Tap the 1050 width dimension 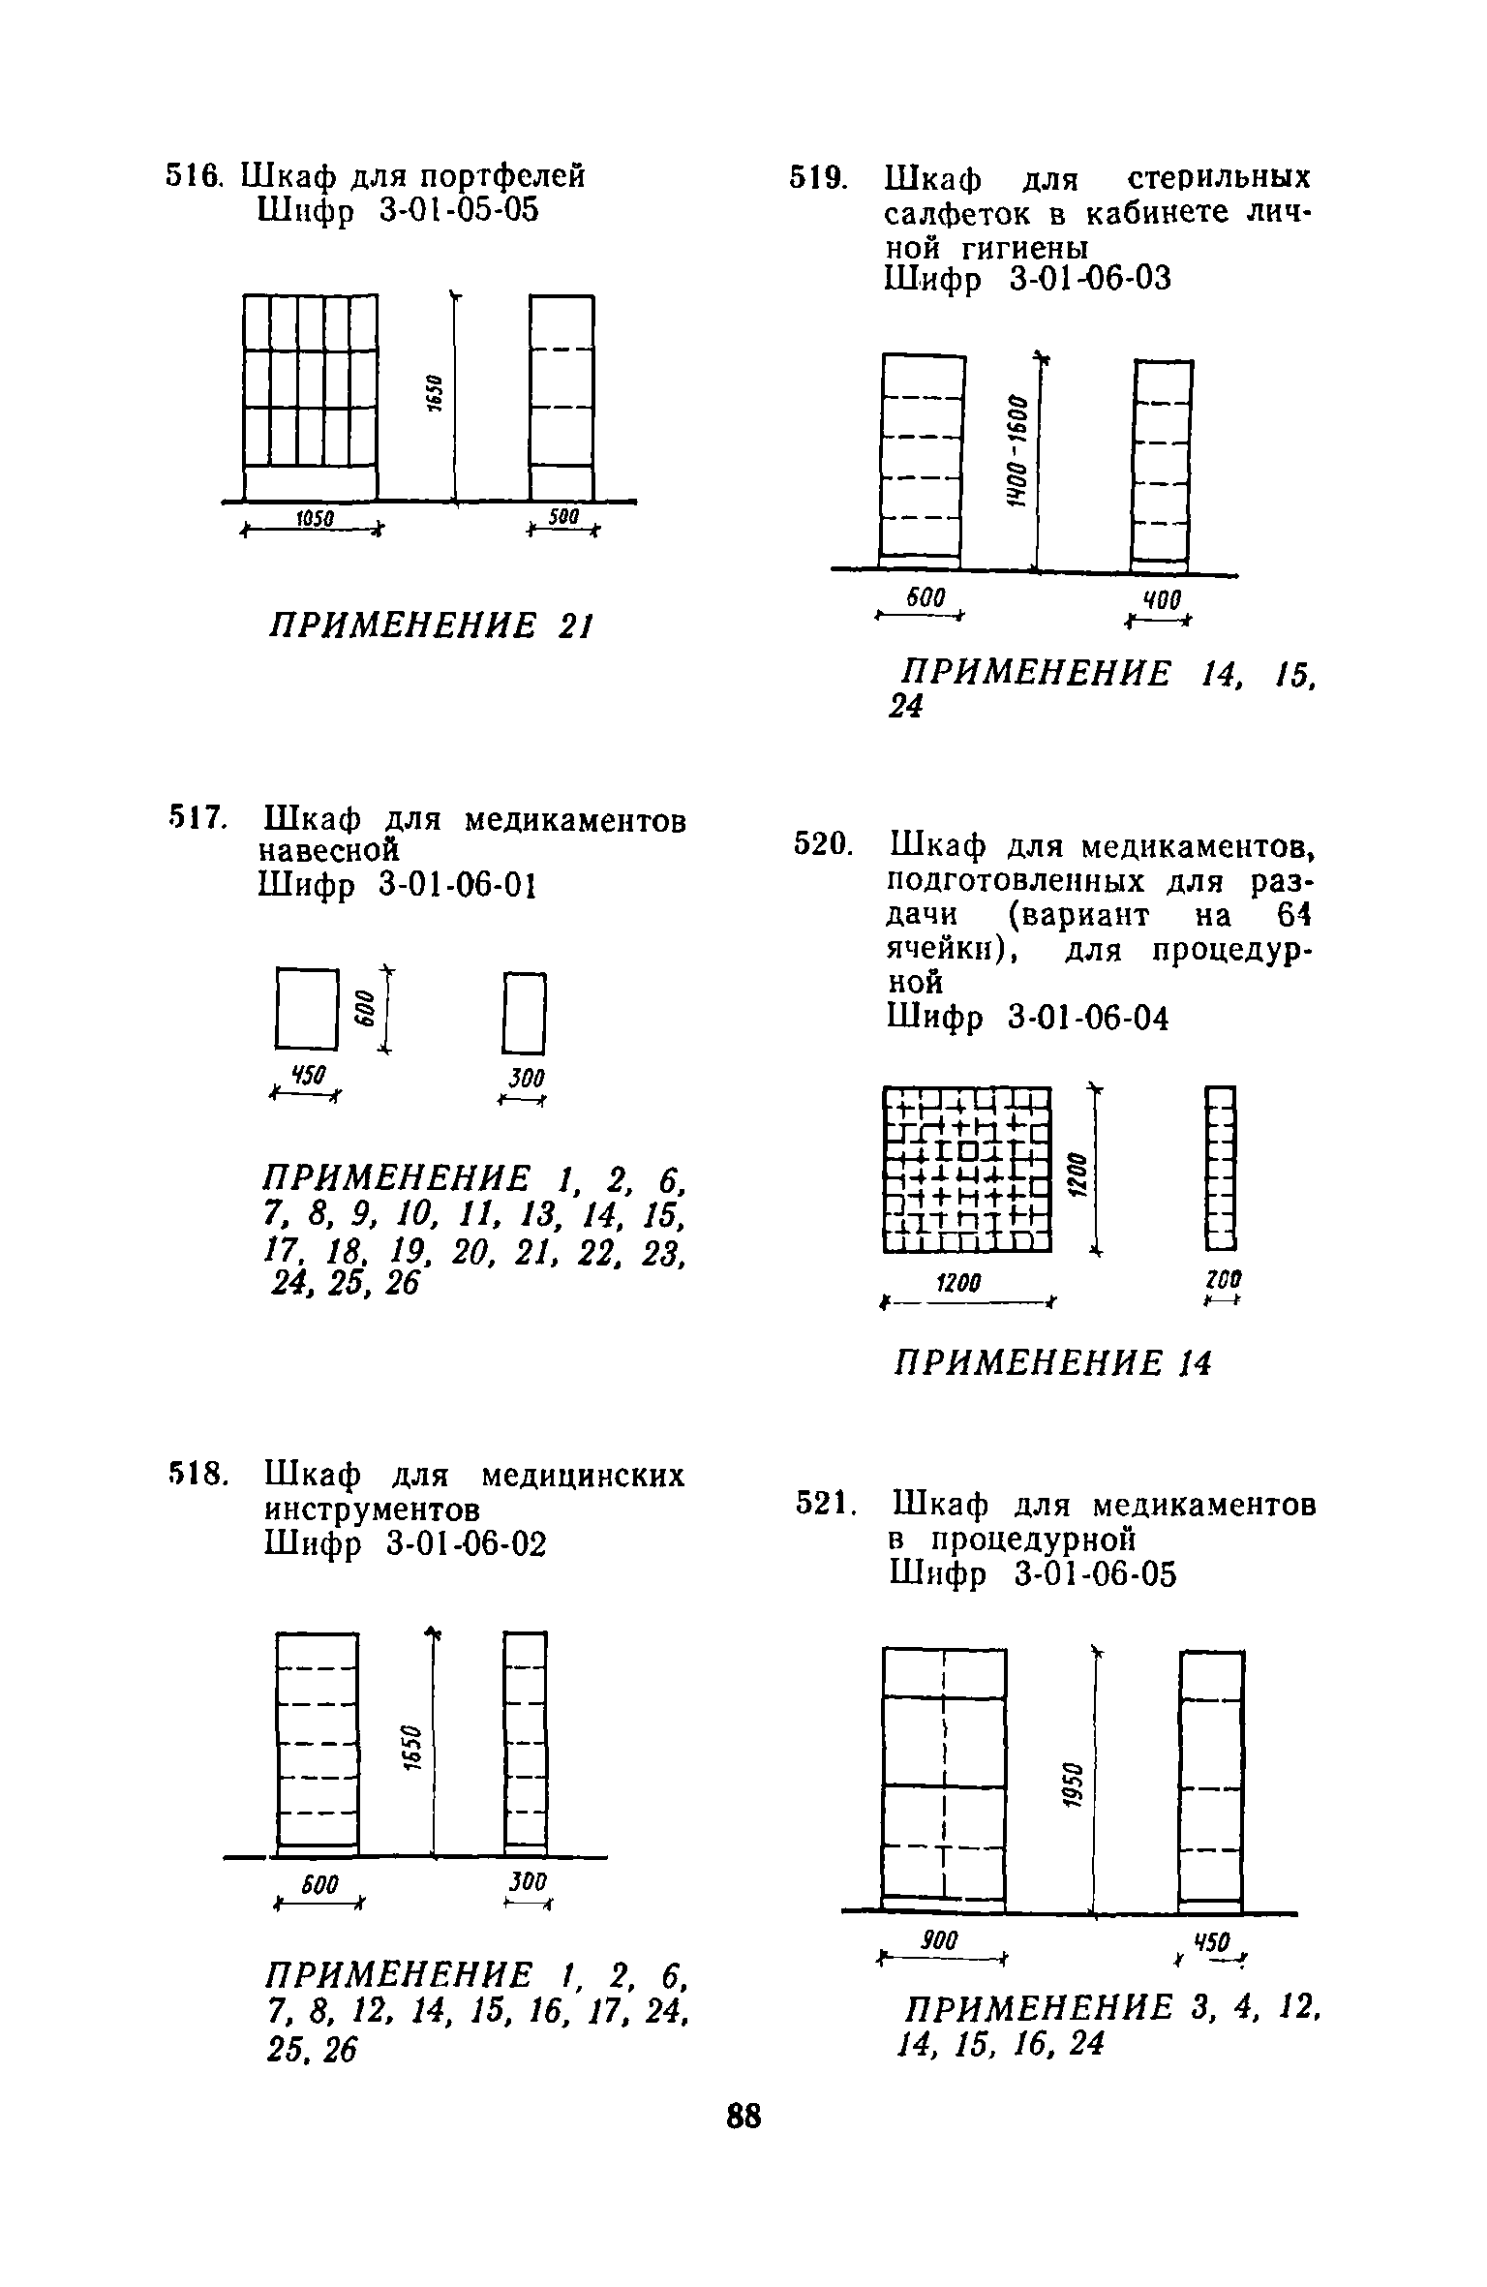click(314, 520)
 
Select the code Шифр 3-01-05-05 click(397, 211)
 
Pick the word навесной click(329, 851)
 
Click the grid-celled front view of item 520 click(967, 1169)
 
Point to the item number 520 click(822, 845)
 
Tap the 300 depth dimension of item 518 click(527, 1881)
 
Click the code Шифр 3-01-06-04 click(1028, 1018)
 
